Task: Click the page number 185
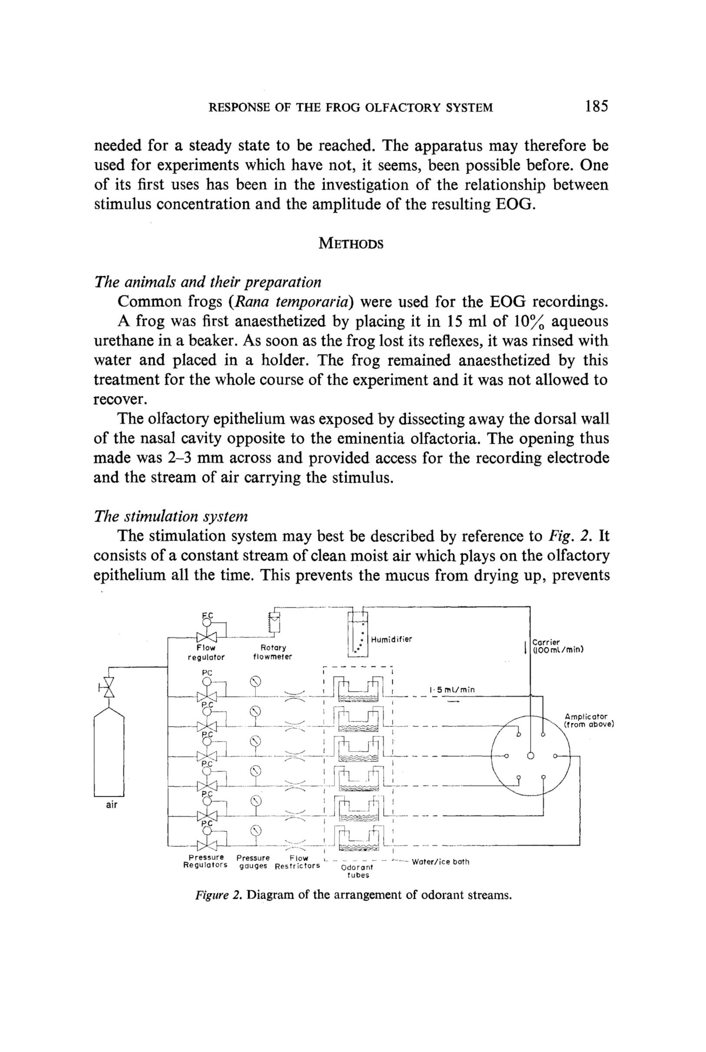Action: tap(597, 107)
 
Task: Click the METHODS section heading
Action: tap(351, 244)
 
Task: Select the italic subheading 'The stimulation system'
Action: tap(171, 516)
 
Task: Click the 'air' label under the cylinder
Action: tap(111, 805)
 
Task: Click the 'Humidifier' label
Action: tap(391, 640)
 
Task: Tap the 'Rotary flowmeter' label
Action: tap(272, 652)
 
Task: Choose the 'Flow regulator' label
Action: tap(206, 653)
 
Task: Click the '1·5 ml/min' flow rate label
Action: tap(452, 689)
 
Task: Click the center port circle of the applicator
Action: tap(530, 755)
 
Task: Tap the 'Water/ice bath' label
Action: tap(441, 862)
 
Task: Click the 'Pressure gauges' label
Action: tap(253, 862)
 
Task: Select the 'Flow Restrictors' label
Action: tap(298, 862)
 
